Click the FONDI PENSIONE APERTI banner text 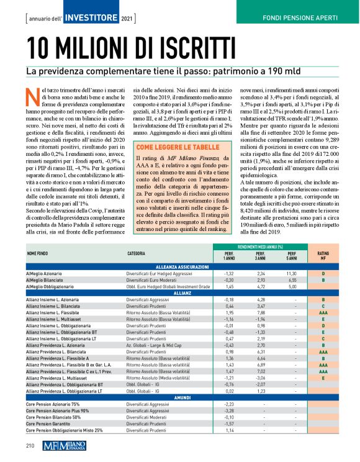coord(303,16)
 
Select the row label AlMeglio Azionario coord(45,273)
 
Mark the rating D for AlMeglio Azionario coord(323,273)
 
